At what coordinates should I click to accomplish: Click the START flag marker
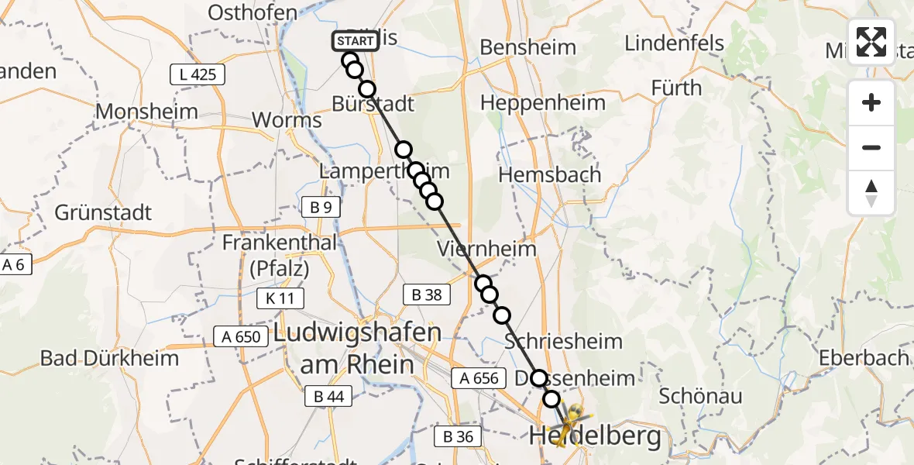pos(356,40)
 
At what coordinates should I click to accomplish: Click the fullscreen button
pos(871,41)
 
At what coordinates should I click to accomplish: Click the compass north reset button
pos(871,192)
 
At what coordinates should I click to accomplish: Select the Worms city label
pos(287,121)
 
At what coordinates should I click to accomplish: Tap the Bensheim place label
pos(527,47)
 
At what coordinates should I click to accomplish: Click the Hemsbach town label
pos(549,175)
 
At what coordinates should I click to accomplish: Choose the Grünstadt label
pos(104,212)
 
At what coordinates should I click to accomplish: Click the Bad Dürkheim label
pos(109,358)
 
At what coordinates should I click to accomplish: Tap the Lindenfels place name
pos(674,42)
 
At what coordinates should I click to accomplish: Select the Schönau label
pos(700,396)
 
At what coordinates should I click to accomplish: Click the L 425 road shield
pos(198,75)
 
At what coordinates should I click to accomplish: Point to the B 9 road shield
pos(321,206)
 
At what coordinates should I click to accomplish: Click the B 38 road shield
pos(426,294)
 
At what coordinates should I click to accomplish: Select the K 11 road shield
pos(280,298)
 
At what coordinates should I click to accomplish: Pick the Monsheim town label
pos(147,112)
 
